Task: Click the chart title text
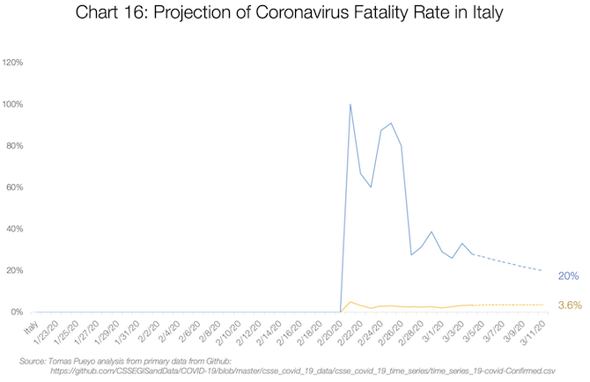click(294, 16)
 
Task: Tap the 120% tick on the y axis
click(13, 62)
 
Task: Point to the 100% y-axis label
click(13, 104)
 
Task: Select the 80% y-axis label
click(15, 145)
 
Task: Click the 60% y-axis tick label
click(15, 187)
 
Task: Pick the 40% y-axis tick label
click(15, 229)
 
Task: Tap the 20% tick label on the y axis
click(15, 270)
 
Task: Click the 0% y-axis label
click(17, 312)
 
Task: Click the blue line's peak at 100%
click(350, 105)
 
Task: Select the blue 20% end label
click(568, 276)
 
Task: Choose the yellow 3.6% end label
click(569, 305)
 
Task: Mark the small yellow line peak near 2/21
click(350, 302)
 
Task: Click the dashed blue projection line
click(511, 262)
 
